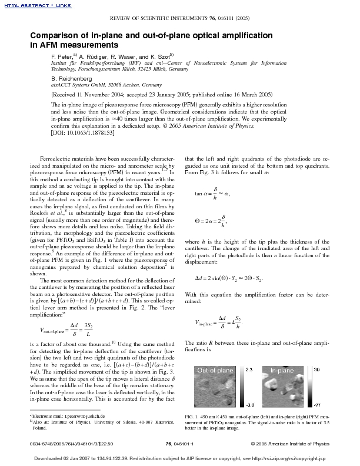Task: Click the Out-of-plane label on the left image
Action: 215,370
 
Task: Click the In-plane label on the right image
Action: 282,370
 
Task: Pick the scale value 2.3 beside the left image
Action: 248,369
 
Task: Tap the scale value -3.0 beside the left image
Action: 249,405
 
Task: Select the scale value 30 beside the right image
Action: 316,369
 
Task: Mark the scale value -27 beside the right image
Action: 316,405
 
